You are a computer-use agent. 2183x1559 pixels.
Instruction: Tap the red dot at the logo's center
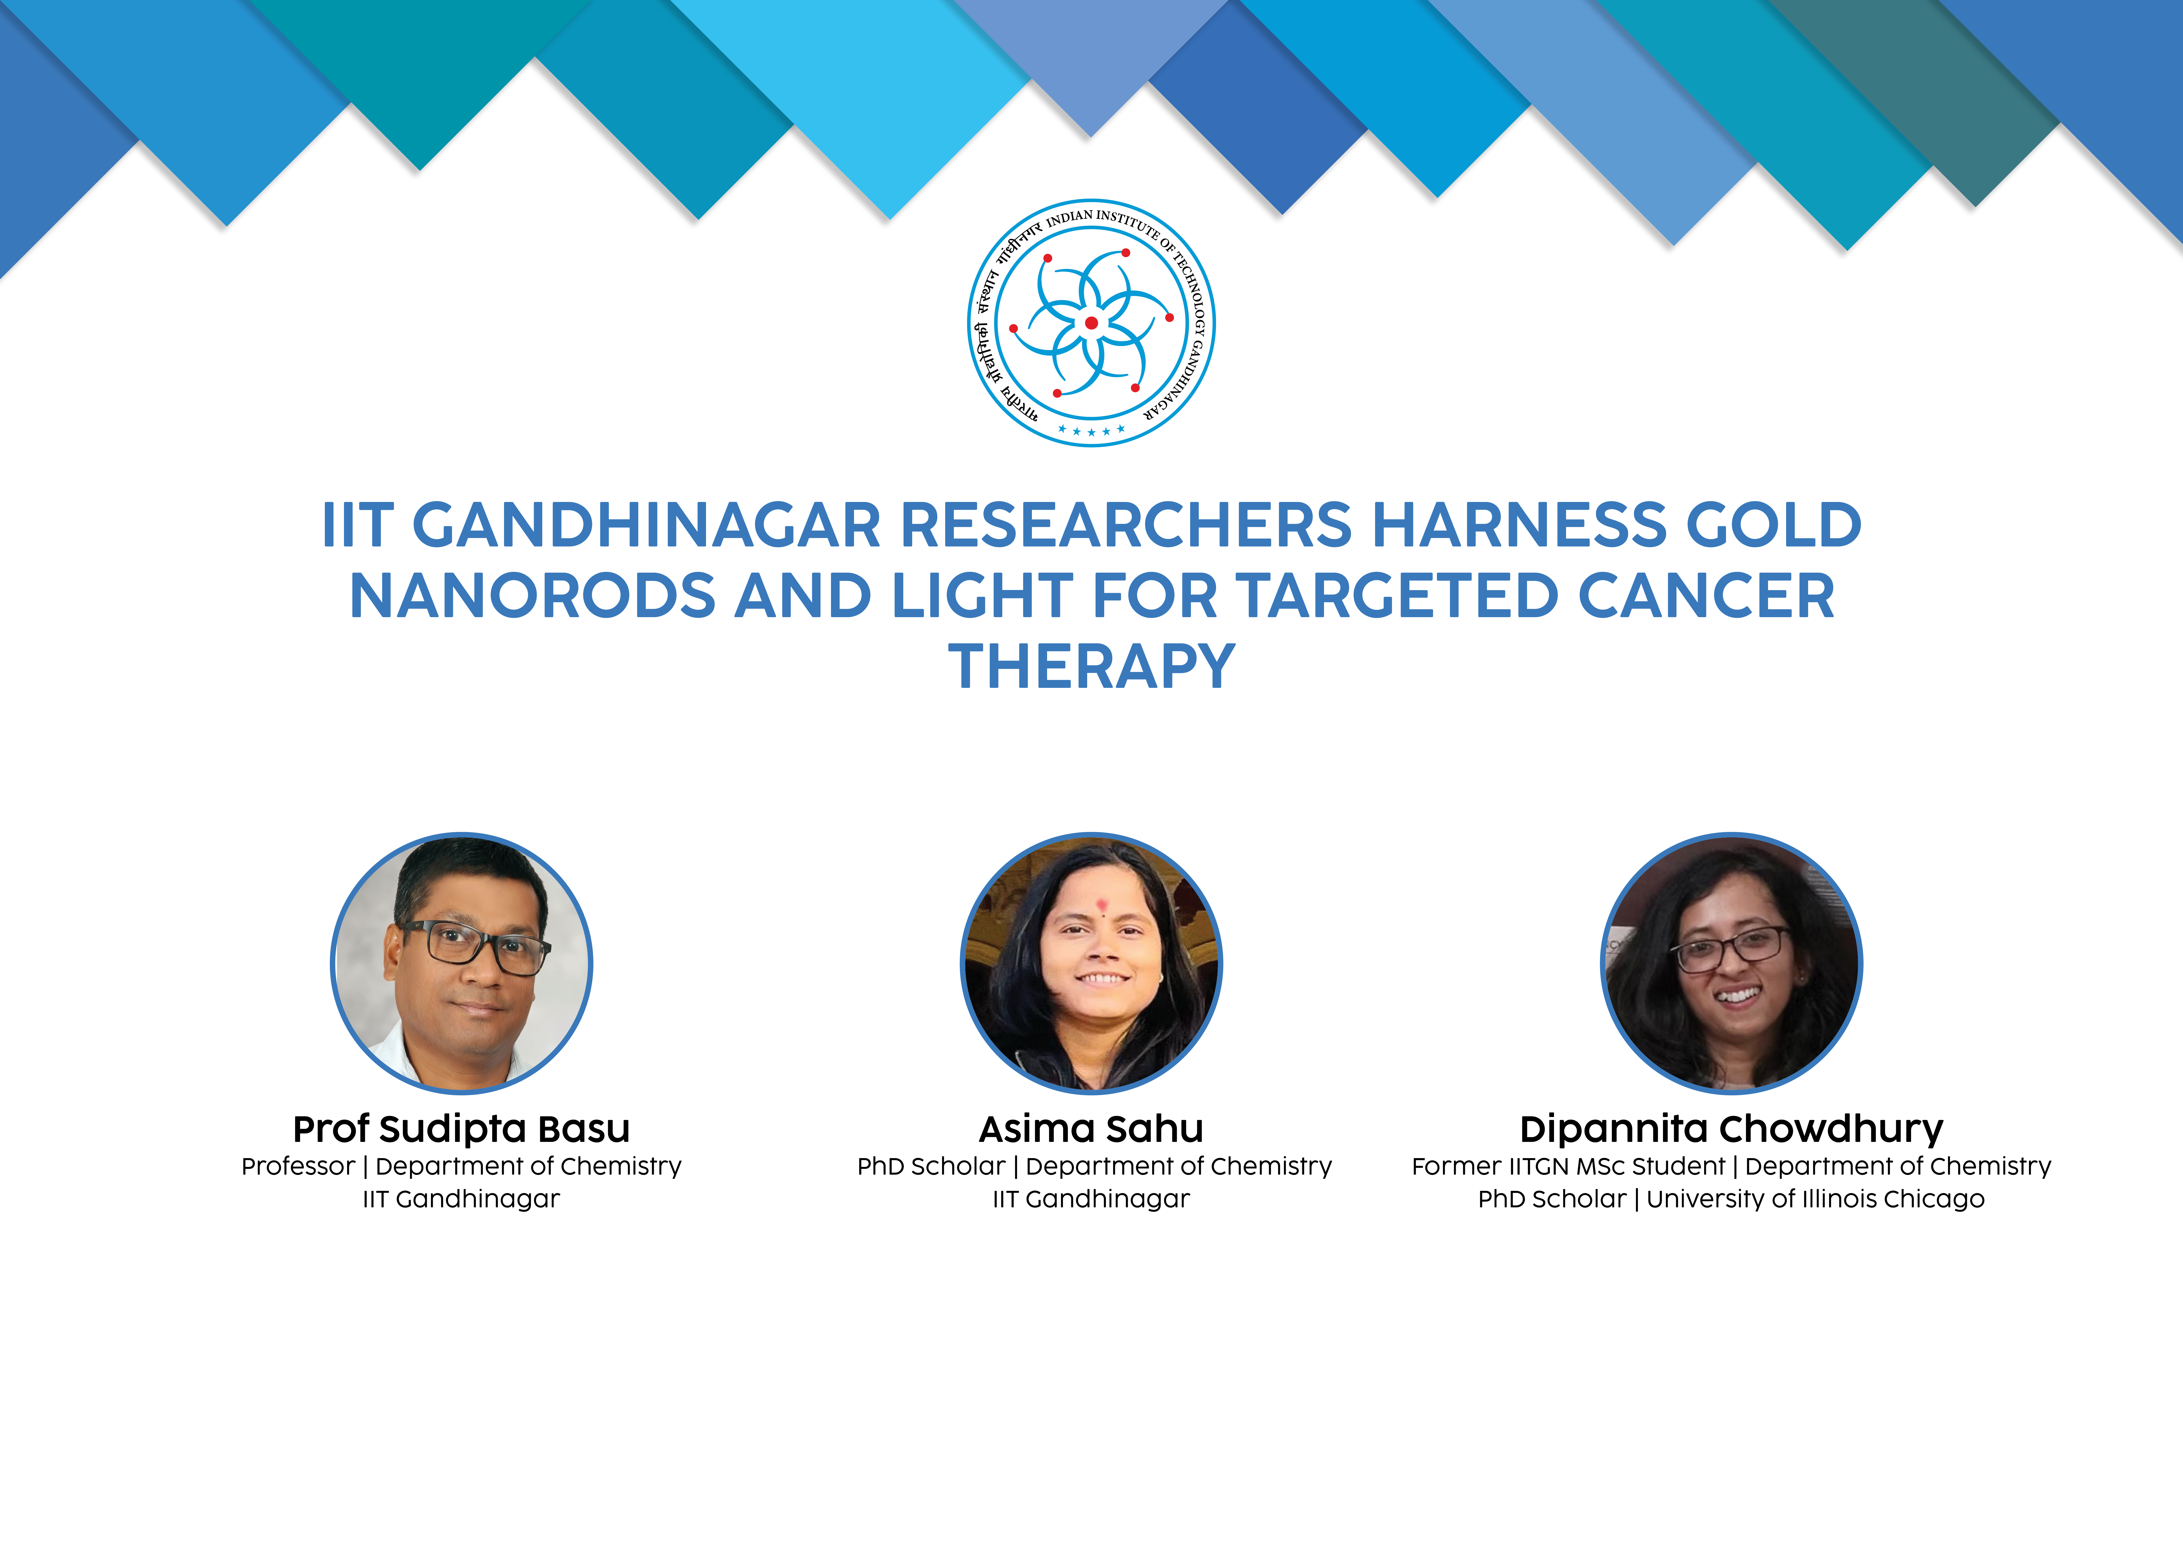point(1091,323)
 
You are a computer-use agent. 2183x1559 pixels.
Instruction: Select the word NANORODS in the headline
point(532,596)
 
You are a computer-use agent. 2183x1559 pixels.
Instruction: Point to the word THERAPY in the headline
point(1091,666)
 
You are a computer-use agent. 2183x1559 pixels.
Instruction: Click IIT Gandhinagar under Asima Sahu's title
point(1091,1199)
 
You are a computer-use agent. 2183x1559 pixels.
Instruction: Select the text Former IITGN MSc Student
point(1568,1167)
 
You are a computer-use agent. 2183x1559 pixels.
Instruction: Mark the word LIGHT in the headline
point(982,596)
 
